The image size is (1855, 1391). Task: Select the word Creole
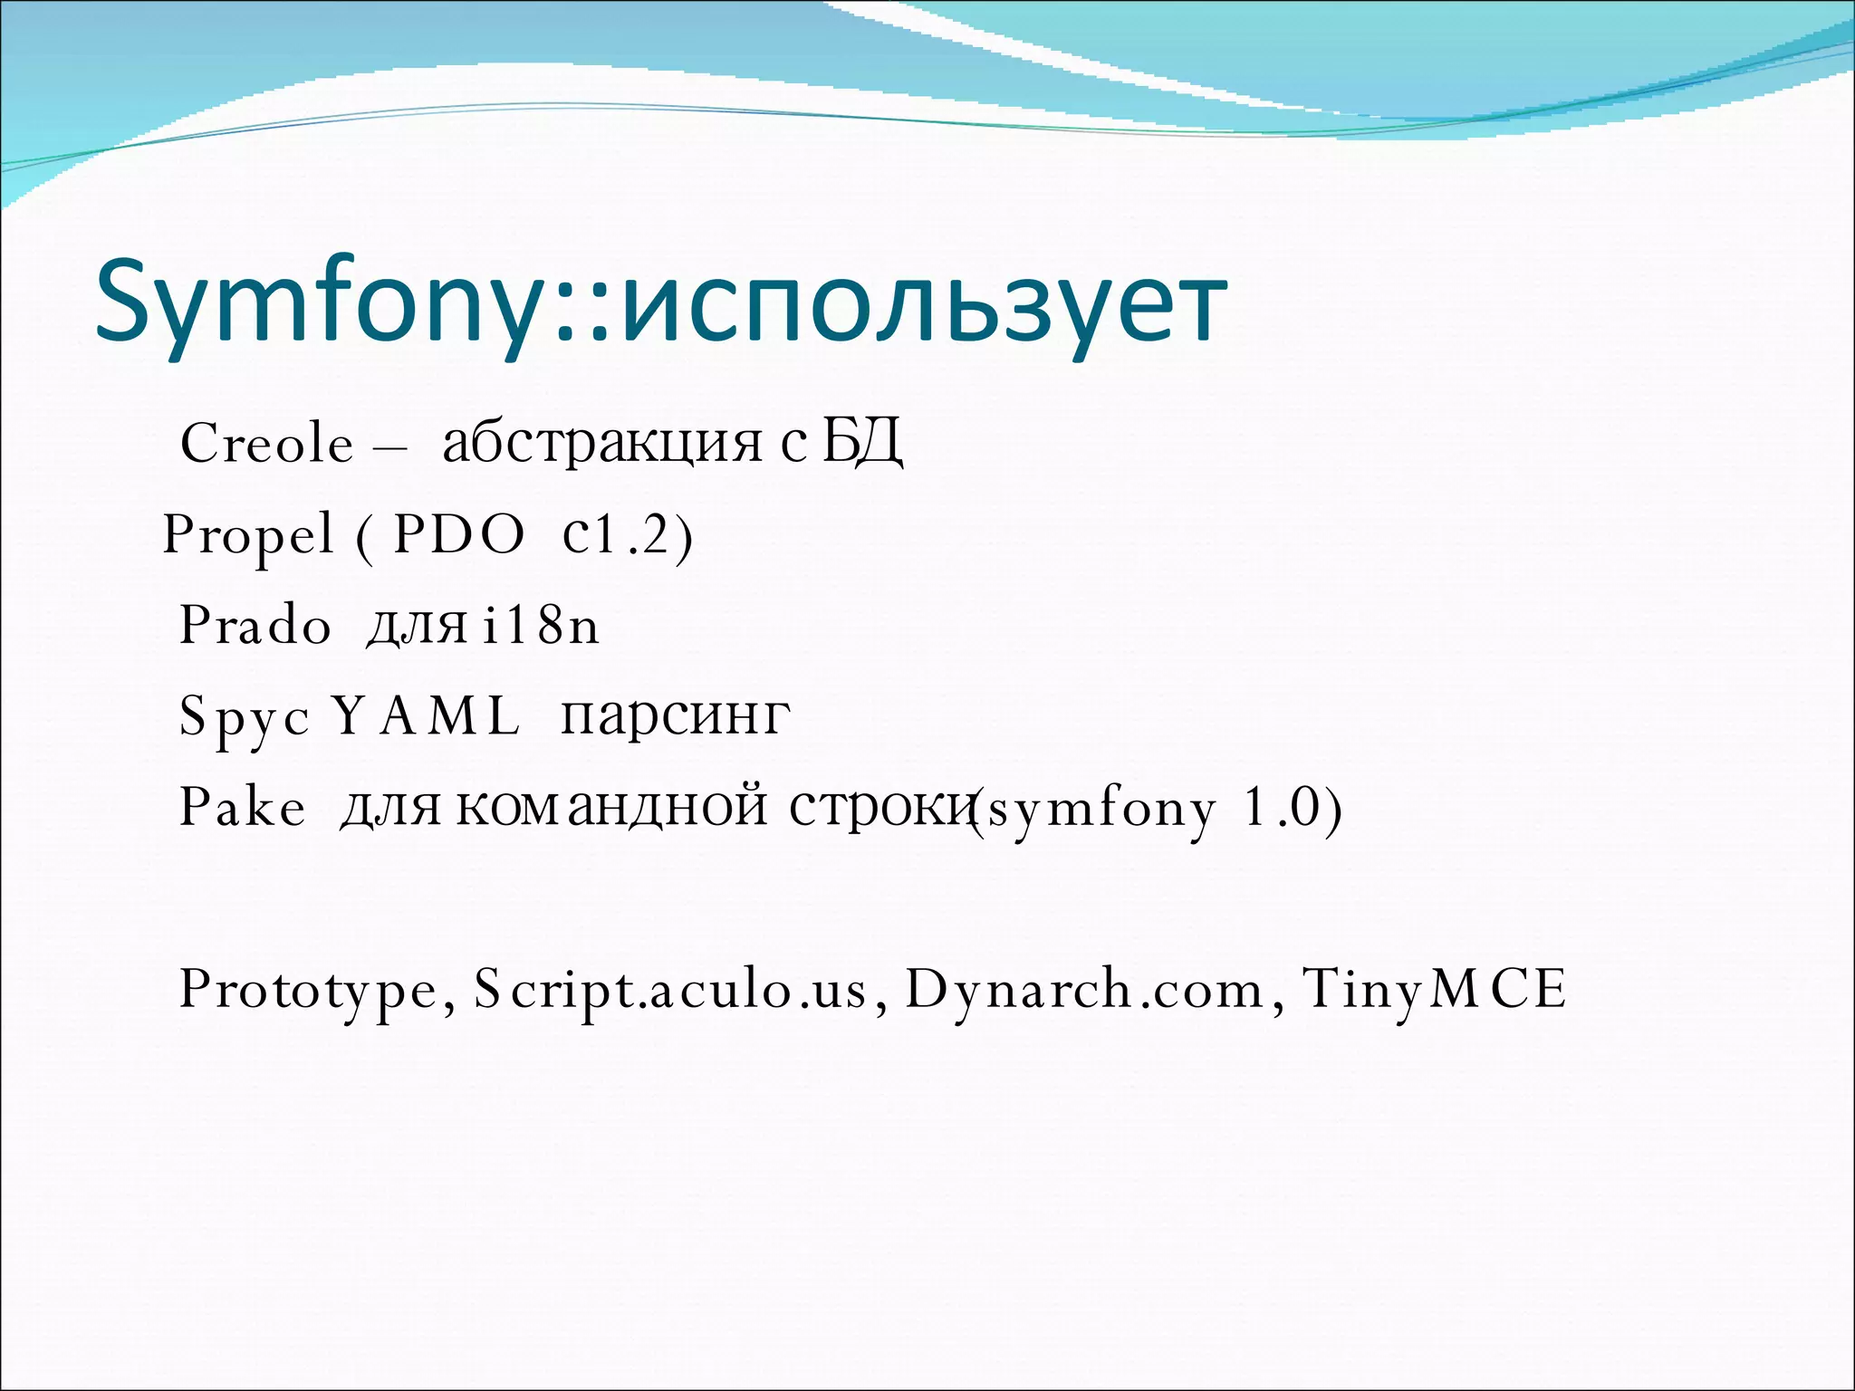click(266, 444)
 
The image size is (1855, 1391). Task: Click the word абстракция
click(602, 444)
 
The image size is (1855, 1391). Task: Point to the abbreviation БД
click(862, 444)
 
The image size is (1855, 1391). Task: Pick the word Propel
click(248, 534)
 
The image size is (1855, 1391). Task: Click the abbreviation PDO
click(459, 534)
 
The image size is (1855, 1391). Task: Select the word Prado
click(255, 625)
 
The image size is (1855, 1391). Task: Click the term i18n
click(541, 625)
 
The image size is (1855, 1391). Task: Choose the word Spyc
click(245, 717)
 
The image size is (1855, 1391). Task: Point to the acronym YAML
click(427, 715)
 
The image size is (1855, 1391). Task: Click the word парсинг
click(676, 715)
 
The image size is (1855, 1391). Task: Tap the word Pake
click(243, 806)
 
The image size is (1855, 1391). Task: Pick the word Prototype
click(309, 989)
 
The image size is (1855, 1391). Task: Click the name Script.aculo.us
click(670, 989)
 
